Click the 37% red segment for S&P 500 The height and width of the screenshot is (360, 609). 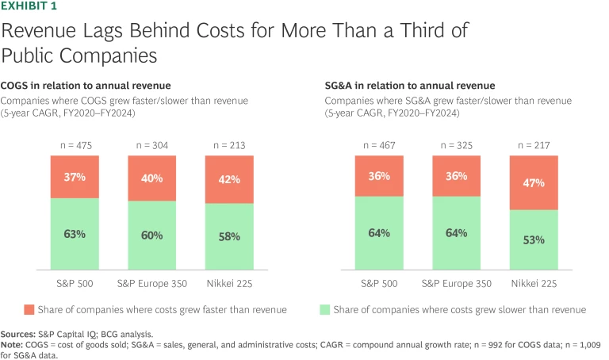[75, 176]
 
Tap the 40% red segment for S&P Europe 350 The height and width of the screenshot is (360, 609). [153, 178]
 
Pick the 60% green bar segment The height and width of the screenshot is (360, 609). [153, 235]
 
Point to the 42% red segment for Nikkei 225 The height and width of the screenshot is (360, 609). [230, 179]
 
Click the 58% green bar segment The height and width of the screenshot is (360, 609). [230, 236]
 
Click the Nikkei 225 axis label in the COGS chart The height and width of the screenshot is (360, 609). [230, 282]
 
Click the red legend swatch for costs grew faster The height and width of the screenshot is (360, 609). [30, 309]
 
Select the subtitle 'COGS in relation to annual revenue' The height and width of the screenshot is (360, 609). [86, 86]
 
